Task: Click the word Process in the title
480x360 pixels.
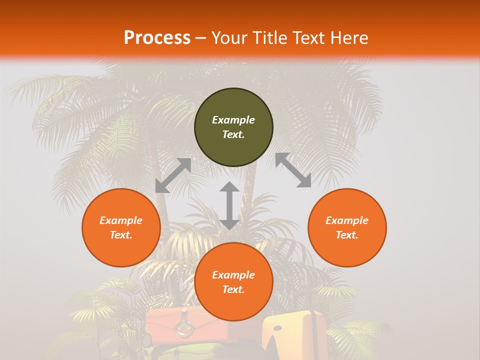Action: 157,38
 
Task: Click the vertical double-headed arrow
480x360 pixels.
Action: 229,205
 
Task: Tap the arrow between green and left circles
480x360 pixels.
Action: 173,175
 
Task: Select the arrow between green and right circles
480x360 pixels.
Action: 293,170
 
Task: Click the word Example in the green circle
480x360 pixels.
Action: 233,120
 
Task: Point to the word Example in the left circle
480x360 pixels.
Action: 121,220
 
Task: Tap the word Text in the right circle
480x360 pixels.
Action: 347,235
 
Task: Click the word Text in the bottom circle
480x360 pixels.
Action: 233,289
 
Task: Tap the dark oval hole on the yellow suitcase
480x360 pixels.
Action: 277,328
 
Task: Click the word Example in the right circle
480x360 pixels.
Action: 347,220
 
